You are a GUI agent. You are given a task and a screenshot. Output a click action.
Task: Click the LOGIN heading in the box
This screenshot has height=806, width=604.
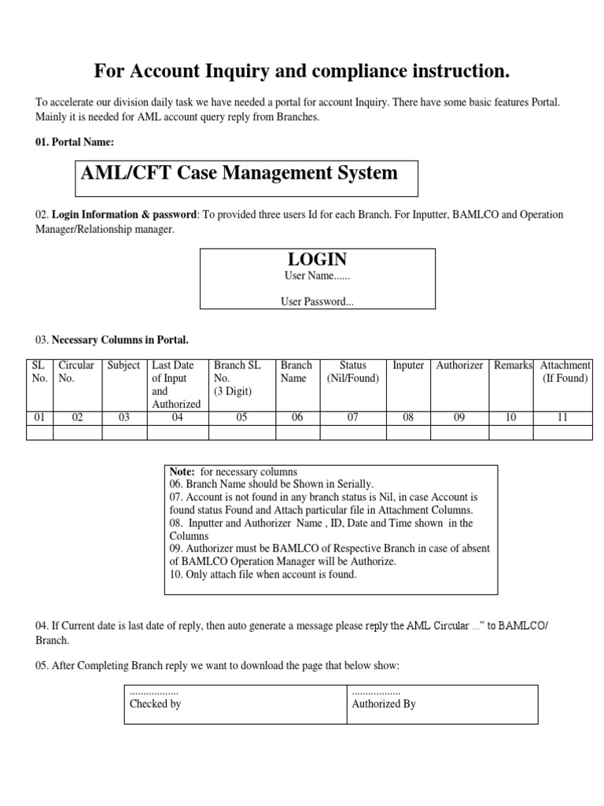click(x=317, y=260)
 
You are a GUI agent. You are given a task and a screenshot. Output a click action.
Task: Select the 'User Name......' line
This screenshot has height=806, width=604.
click(x=317, y=276)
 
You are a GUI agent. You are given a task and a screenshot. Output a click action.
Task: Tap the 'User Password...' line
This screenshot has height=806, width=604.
click(x=317, y=301)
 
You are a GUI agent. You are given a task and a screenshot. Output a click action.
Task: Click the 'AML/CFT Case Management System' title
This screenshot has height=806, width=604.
click(x=239, y=172)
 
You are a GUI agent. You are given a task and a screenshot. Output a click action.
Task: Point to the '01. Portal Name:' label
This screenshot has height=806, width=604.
click(x=75, y=142)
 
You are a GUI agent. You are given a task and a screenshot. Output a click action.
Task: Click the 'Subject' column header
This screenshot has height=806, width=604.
click(x=123, y=365)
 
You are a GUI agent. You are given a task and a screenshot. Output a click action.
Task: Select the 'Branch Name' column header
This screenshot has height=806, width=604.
click(x=296, y=372)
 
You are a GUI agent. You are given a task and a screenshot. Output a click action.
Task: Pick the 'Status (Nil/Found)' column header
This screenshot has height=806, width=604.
click(x=352, y=372)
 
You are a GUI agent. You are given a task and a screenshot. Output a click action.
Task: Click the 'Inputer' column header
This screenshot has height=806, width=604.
click(x=408, y=365)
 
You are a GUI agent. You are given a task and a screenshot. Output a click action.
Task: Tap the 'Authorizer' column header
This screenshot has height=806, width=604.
click(x=459, y=365)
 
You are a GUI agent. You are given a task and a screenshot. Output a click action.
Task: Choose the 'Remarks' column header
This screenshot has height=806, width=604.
click(x=513, y=365)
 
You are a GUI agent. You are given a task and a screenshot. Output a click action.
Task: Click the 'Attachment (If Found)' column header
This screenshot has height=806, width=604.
click(x=565, y=372)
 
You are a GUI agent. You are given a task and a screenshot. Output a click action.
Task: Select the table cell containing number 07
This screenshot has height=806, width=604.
click(x=352, y=418)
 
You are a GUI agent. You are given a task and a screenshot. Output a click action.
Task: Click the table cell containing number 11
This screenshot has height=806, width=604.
click(x=562, y=418)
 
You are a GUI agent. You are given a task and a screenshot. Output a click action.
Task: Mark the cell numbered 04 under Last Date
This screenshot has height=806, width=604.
click(x=178, y=418)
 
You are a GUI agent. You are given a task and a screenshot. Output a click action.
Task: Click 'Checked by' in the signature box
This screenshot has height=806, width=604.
click(x=155, y=704)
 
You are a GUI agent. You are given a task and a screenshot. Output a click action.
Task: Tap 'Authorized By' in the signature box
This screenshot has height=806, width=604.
click(x=384, y=704)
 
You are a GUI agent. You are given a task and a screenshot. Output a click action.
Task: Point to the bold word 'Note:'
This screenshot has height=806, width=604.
click(x=182, y=471)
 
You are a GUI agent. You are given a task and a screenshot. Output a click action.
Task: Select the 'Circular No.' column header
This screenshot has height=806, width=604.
click(x=76, y=372)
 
